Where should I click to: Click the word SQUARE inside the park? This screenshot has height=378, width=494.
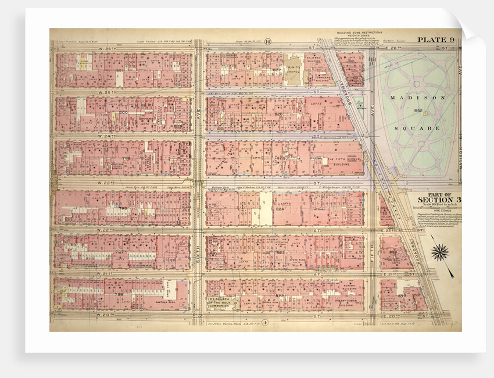click(410, 127)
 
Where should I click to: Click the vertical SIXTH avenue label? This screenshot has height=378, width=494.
click(198, 250)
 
